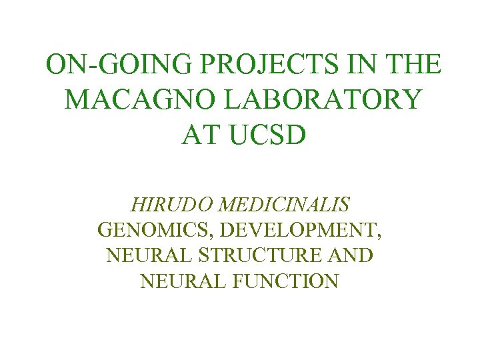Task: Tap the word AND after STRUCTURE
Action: pyautogui.click(x=351, y=256)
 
